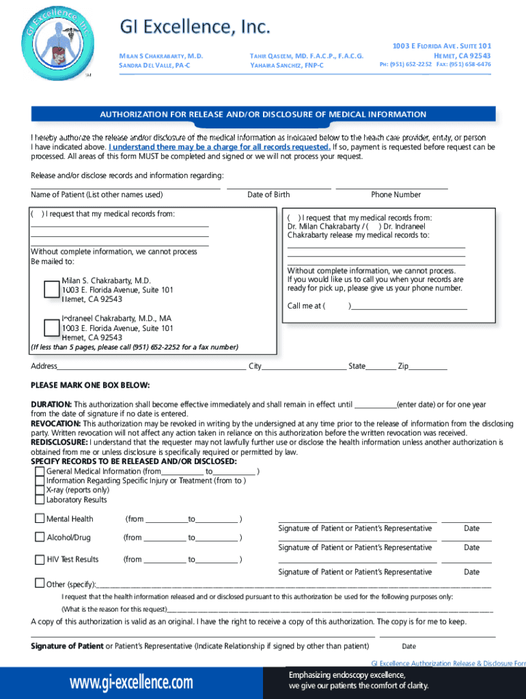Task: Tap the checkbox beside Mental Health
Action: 40,519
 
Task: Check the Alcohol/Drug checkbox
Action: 40,537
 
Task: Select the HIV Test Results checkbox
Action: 40,559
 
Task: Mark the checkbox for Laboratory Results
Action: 40,500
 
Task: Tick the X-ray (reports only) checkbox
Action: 40,490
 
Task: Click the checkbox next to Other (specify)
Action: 40,583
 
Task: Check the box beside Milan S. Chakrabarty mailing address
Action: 52,289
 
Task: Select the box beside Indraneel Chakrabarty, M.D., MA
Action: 52,328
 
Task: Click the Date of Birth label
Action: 268,195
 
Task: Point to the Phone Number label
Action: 396,195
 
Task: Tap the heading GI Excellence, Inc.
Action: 195,27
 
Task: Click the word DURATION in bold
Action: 51,404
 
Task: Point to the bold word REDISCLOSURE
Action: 59,442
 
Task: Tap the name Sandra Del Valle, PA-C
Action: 154,65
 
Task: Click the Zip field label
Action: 403,367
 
